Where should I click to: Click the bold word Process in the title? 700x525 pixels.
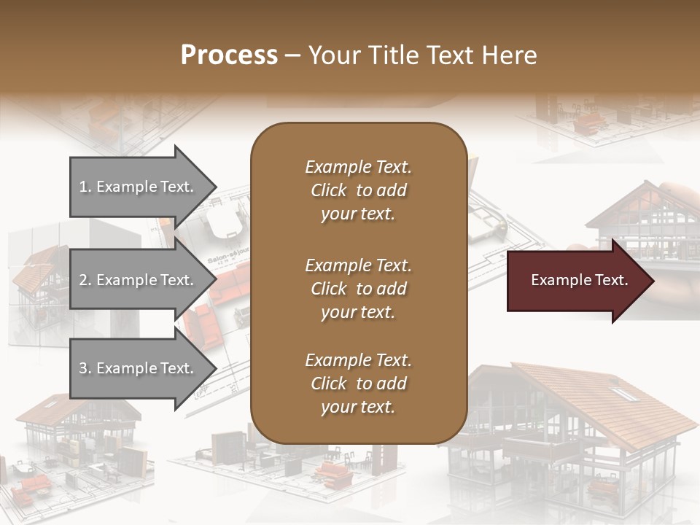pos(229,55)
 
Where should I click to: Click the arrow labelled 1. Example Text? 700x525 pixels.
pos(139,187)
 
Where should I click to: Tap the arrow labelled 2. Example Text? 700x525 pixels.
pos(139,280)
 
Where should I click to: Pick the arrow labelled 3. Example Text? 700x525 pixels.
pos(139,368)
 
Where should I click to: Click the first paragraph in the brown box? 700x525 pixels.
pos(358,190)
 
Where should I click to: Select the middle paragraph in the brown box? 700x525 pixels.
pos(358,288)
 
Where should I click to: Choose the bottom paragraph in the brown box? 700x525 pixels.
pos(358,384)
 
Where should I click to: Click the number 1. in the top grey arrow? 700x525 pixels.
pos(85,187)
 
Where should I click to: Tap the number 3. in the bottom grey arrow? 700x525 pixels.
pos(85,368)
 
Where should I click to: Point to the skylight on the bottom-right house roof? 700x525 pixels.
pos(622,394)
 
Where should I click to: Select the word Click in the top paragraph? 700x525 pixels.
pos(328,190)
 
